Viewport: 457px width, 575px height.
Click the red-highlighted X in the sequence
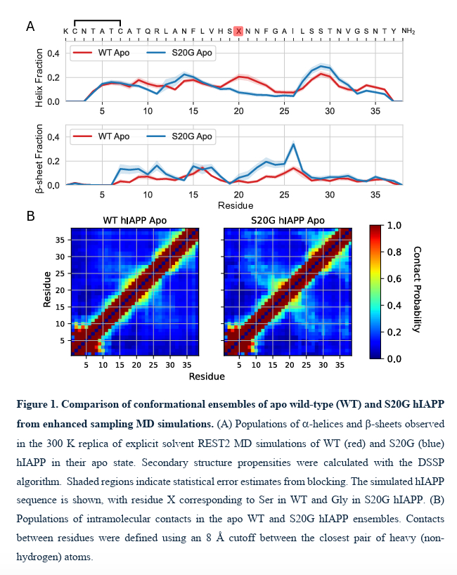239,31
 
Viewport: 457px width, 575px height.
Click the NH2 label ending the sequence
408,31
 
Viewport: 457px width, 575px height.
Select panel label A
30,27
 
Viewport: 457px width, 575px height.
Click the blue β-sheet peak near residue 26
292,144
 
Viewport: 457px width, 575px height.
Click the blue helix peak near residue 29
321,67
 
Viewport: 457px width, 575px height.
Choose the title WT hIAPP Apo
135,221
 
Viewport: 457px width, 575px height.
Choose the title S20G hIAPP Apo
288,221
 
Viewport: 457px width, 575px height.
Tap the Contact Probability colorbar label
417,290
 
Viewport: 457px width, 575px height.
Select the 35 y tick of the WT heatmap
60,240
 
